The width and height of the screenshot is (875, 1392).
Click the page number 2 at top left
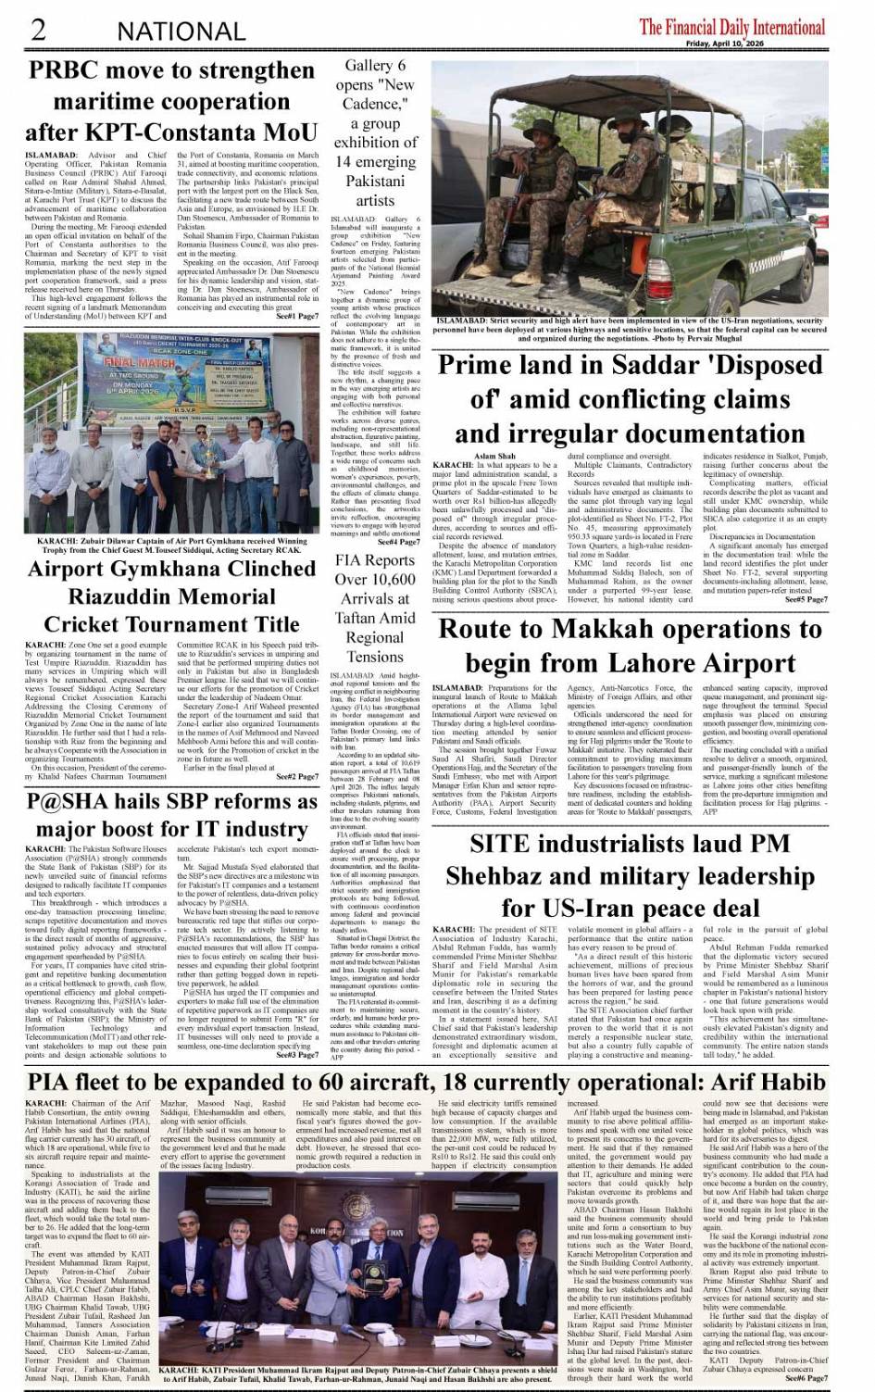point(38,30)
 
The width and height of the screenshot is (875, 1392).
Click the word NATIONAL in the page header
point(181,31)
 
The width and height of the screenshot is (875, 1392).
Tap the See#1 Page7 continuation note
point(297,317)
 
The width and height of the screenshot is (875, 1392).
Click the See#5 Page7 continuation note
point(806,599)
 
